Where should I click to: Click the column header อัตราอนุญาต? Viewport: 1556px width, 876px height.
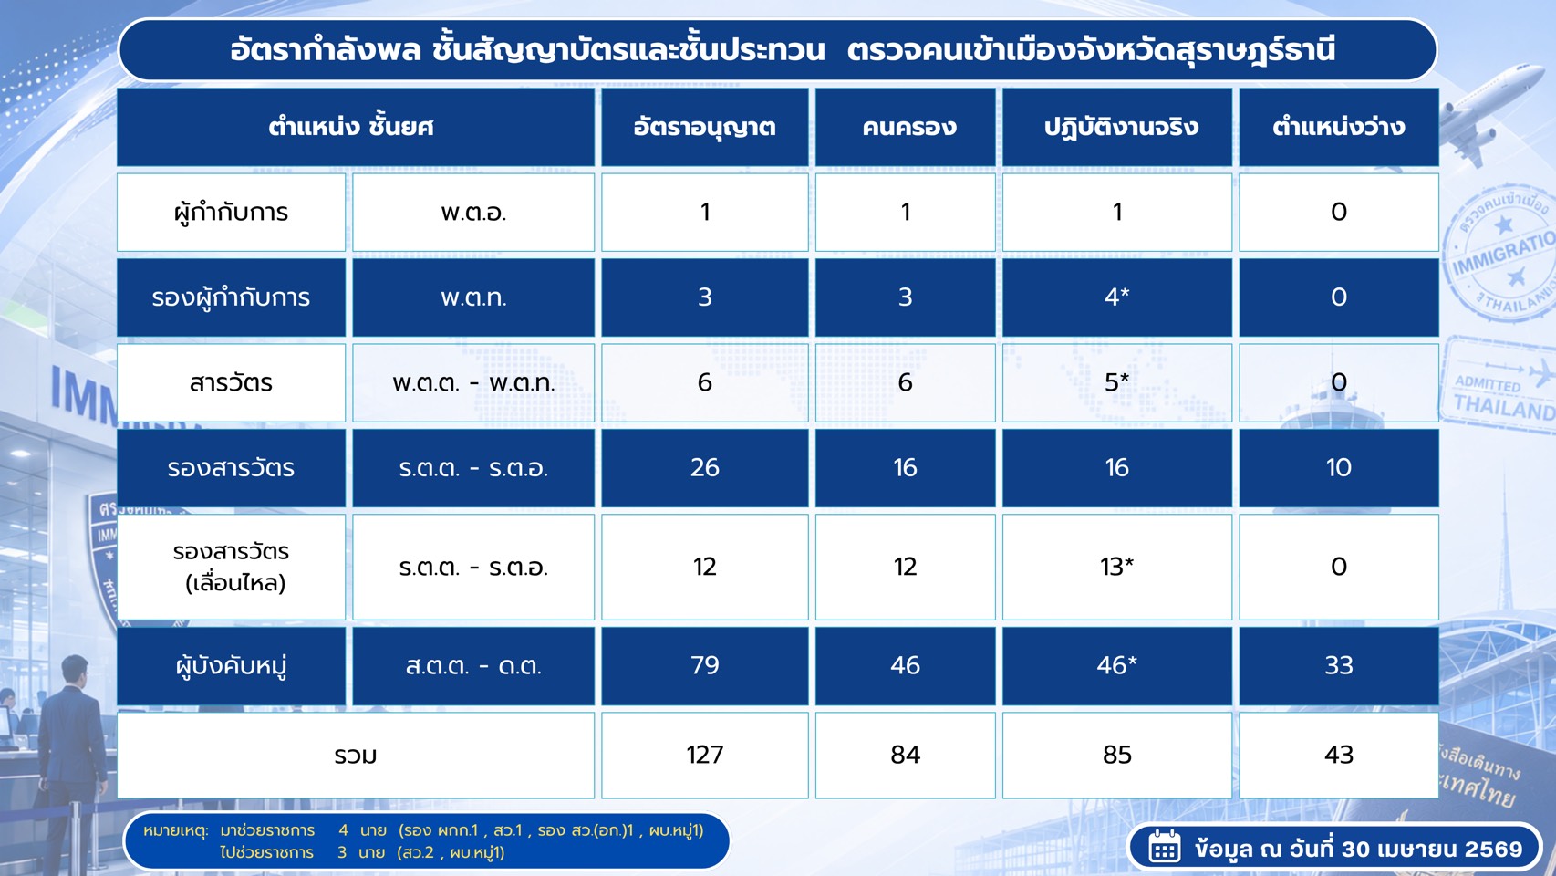(x=704, y=127)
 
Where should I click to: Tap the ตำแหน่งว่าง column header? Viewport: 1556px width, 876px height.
(x=1339, y=127)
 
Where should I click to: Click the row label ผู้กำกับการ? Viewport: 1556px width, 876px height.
(x=231, y=212)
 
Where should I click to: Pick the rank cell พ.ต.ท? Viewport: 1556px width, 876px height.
(x=473, y=297)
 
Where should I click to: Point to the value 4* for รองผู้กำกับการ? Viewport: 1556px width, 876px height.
(x=1117, y=297)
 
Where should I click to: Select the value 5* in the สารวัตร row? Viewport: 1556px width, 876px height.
(x=1117, y=381)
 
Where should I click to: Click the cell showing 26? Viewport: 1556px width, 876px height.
(x=704, y=467)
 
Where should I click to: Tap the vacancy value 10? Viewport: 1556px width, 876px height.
(x=1339, y=467)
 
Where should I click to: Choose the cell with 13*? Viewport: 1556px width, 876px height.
(x=1117, y=567)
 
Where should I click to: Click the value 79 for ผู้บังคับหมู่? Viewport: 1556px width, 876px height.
(x=704, y=665)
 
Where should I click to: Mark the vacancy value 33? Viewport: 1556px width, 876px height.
(x=1339, y=665)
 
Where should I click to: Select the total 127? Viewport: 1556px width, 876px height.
(x=704, y=755)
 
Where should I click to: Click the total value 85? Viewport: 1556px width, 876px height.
(x=1117, y=755)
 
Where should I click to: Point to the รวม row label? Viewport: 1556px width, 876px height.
(x=356, y=755)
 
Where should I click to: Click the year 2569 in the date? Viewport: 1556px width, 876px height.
(x=1493, y=849)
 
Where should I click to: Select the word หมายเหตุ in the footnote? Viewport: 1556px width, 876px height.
(x=176, y=830)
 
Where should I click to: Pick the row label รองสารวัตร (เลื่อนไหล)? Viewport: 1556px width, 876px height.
(x=232, y=567)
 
